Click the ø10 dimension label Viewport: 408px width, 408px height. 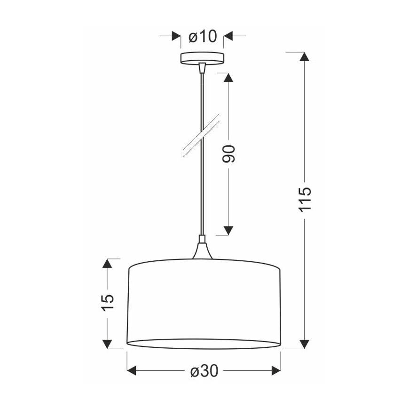pyautogui.click(x=202, y=36)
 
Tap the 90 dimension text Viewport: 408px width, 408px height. pyautogui.click(x=228, y=154)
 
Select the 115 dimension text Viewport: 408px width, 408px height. pyautogui.click(x=305, y=199)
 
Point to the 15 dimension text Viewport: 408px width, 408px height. pyautogui.click(x=108, y=304)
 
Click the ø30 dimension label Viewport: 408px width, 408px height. pyautogui.click(x=204, y=371)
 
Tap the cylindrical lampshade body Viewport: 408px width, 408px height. pyautogui.click(x=204, y=303)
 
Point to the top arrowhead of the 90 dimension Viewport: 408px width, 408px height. pyautogui.click(x=228, y=78)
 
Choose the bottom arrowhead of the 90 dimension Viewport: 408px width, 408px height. pyautogui.click(x=228, y=229)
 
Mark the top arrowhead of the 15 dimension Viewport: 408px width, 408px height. pyautogui.click(x=108, y=264)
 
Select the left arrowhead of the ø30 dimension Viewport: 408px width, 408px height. pyautogui.click(x=133, y=371)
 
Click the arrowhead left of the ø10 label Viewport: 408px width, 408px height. pyautogui.click(x=176, y=36)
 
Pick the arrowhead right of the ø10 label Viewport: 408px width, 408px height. pyautogui.click(x=228, y=36)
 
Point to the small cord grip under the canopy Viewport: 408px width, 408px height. pyautogui.click(x=203, y=68)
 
